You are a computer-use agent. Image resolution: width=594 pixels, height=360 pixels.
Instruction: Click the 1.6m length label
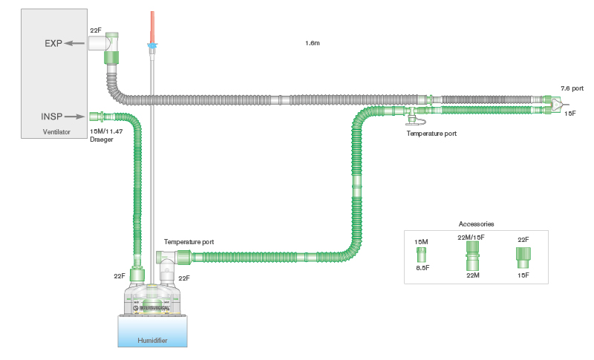[x=313, y=43]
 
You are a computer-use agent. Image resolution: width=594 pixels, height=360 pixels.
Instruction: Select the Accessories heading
[x=477, y=223]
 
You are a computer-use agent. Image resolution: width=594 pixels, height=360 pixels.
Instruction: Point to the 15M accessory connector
[x=421, y=254]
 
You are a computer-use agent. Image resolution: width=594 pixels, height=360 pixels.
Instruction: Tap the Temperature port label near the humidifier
[x=189, y=242]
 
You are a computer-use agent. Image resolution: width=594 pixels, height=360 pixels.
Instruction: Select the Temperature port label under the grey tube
[x=431, y=134]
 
